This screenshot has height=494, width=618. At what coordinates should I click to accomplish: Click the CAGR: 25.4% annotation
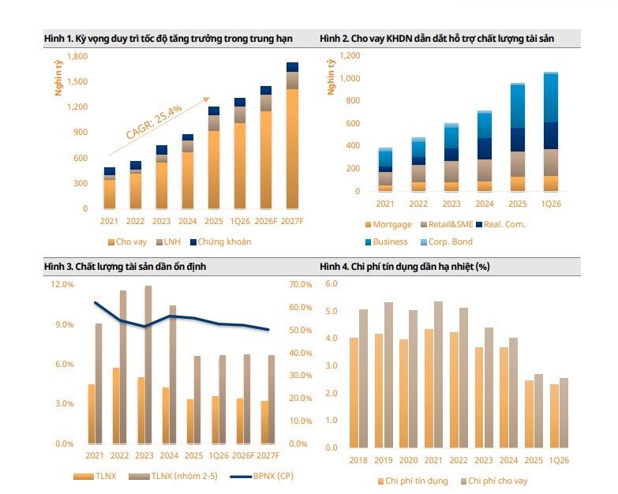point(154,122)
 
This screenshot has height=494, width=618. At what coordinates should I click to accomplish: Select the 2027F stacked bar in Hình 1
point(292,136)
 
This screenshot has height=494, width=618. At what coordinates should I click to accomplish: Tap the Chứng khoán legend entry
point(220,242)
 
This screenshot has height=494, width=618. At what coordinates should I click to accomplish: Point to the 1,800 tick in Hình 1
point(77,56)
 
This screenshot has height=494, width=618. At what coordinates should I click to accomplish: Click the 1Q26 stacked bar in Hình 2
point(551,132)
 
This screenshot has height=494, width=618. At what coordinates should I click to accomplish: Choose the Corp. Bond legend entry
point(446,242)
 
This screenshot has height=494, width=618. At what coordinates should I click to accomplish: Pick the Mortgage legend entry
point(388,225)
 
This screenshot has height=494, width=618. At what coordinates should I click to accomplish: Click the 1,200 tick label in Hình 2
point(350,55)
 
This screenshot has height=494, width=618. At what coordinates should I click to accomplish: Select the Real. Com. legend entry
point(500,225)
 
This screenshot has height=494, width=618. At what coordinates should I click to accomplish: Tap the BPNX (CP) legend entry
point(262,476)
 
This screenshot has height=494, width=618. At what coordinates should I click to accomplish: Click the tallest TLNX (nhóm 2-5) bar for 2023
point(148,365)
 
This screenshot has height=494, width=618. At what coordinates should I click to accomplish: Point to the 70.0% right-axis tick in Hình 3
point(301,284)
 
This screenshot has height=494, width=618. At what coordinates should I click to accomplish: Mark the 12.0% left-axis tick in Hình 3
point(62,284)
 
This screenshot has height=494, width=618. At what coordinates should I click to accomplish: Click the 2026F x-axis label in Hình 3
point(243,456)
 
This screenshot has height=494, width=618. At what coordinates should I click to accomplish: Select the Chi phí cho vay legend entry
point(494,481)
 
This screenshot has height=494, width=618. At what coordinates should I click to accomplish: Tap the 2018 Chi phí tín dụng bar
point(354,393)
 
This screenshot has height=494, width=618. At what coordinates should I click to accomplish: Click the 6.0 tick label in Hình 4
point(331,283)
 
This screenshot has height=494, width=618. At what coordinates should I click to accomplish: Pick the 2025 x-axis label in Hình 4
point(534,461)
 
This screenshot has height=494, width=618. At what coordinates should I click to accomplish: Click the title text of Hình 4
point(405,267)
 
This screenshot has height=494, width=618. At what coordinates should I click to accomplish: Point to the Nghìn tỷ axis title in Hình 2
point(331,77)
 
